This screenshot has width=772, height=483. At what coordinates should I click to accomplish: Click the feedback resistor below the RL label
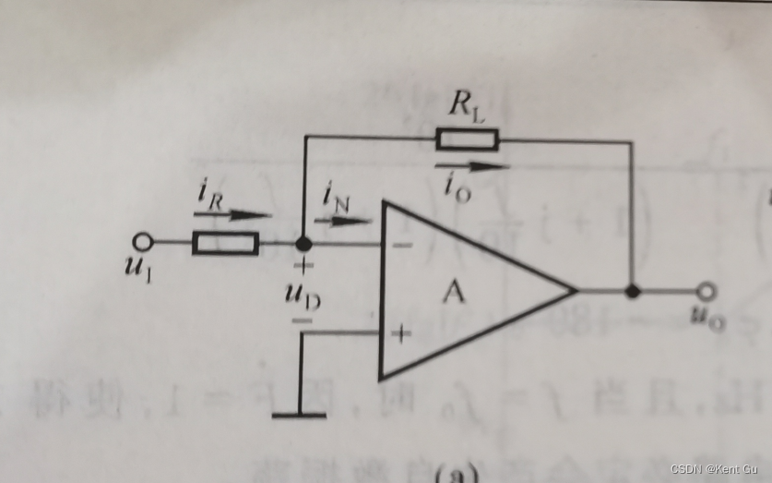tap(466, 140)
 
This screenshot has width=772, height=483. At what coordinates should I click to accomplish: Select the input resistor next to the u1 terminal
tap(225, 243)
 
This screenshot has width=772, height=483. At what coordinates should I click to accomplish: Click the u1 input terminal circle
tap(142, 242)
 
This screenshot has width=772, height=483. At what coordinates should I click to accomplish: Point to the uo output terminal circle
tap(707, 292)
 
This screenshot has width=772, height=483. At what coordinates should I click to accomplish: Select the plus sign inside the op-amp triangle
tap(401, 332)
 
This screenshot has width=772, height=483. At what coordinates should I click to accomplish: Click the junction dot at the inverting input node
tap(303, 244)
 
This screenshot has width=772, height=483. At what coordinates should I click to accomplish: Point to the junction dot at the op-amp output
tap(633, 292)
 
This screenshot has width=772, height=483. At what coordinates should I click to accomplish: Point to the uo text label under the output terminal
tap(706, 318)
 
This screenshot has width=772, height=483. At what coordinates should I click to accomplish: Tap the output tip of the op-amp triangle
tap(575, 291)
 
